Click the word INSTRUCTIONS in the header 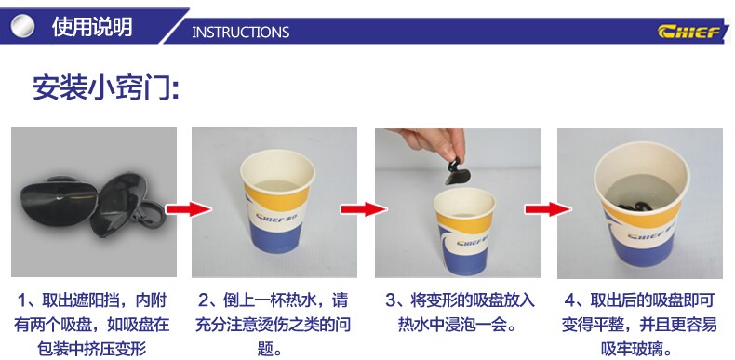click(240, 32)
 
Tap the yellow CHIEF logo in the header click(690, 32)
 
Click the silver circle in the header click(22, 26)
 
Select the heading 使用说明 click(92, 27)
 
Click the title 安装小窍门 click(105, 87)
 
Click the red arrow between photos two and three click(364, 209)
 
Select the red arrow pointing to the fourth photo click(548, 209)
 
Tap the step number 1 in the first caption click(22, 300)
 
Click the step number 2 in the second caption click(203, 300)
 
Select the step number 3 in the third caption click(390, 300)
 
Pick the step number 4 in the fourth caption click(569, 300)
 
